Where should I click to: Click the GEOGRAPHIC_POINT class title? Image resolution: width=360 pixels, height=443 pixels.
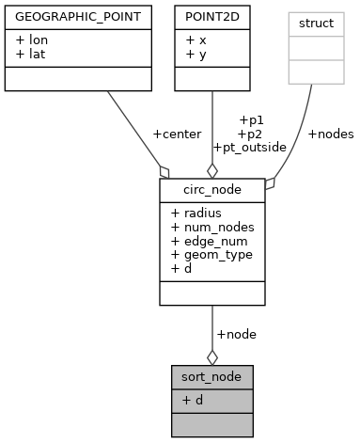[x=71, y=16]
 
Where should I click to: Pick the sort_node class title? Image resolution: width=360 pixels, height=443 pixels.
[x=211, y=376]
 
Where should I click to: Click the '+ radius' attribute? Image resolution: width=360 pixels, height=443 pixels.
[x=196, y=214]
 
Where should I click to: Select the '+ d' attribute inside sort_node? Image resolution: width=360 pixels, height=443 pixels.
[x=193, y=400]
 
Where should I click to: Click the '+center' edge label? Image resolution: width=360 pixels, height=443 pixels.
[x=177, y=134]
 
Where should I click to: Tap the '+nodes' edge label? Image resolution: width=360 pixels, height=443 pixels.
[x=331, y=134]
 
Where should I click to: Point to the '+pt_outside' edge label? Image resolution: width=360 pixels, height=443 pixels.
[x=248, y=147]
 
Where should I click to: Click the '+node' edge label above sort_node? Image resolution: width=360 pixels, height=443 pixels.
[x=236, y=333]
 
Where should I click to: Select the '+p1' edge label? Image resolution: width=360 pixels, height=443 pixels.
[x=252, y=119]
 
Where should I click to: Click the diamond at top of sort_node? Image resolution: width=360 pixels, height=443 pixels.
[x=211, y=356]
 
